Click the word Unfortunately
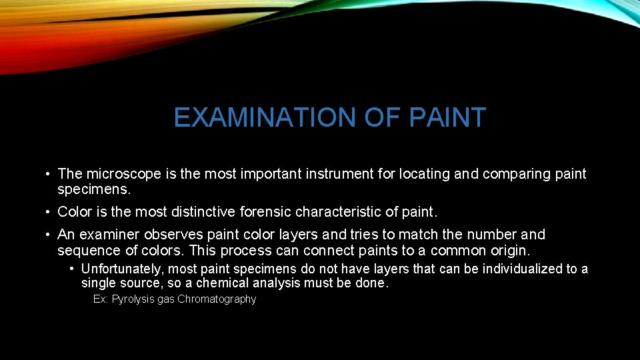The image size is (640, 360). click(x=123, y=269)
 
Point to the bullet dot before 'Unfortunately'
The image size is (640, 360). click(x=71, y=269)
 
